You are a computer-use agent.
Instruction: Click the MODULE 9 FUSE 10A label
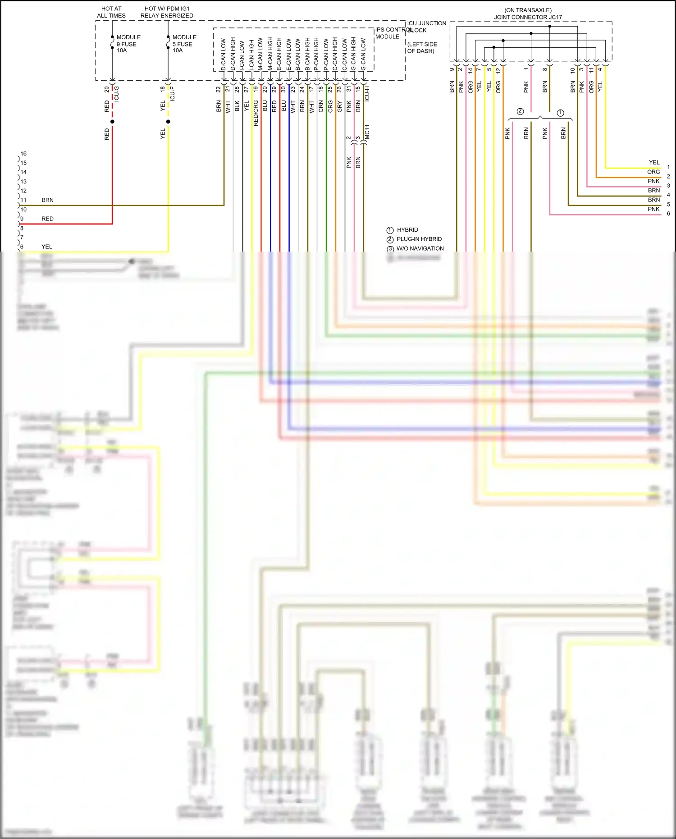tap(128, 44)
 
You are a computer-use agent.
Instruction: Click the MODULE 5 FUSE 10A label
tap(184, 44)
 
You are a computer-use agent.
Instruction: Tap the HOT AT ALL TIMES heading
tap(111, 12)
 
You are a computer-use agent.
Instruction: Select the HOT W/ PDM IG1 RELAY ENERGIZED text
tap(167, 12)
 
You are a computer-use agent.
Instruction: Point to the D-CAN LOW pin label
tap(224, 54)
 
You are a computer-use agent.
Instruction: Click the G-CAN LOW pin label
tap(363, 54)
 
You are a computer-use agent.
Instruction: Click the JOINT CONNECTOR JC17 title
tap(528, 17)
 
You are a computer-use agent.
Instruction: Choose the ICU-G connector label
tap(117, 93)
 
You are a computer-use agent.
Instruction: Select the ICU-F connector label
tap(172, 93)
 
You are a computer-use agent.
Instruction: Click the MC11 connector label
tap(367, 132)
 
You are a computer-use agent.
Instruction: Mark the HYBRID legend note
tap(407, 230)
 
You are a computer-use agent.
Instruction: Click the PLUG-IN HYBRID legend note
tap(419, 239)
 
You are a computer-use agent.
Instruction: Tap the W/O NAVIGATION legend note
tap(420, 248)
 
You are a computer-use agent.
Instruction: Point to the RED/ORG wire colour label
tap(256, 113)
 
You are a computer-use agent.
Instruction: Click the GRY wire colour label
tap(339, 106)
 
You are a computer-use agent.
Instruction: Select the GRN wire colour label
tap(321, 106)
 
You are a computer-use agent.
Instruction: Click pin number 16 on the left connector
tap(23, 154)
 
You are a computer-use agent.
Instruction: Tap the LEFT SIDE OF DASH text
tap(422, 47)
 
